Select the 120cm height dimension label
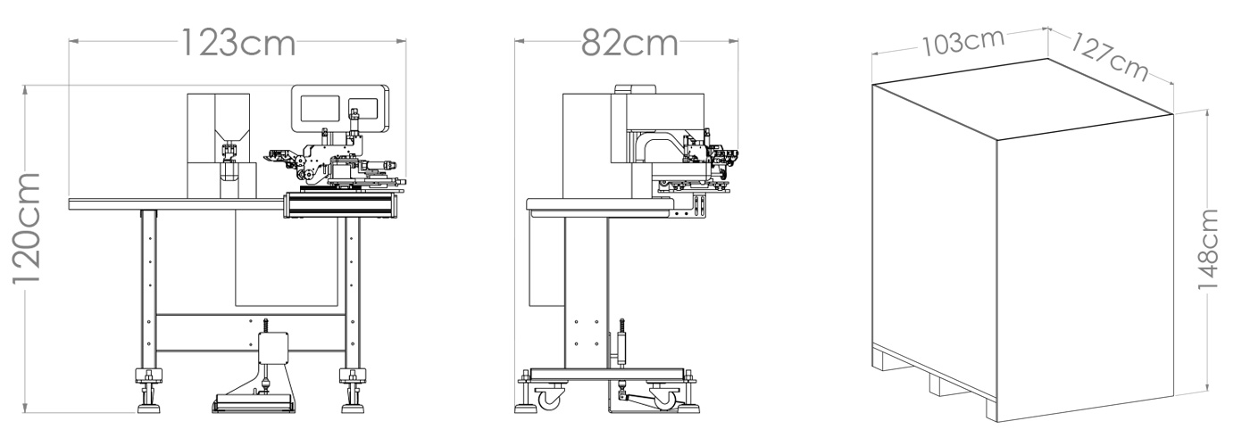coord(26,228)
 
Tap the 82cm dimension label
coord(629,43)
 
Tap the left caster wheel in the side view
coord(549,396)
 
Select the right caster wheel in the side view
coord(664,397)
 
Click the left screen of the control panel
coord(320,109)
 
